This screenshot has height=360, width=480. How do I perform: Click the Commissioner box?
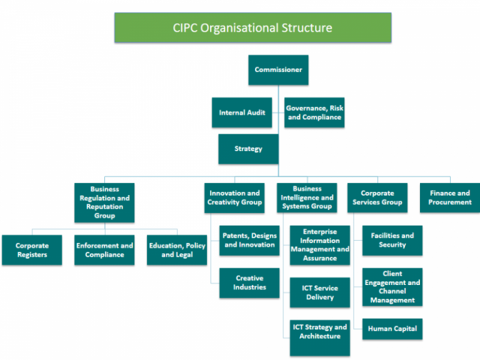tap(278, 70)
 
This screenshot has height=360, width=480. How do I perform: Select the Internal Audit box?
tap(242, 112)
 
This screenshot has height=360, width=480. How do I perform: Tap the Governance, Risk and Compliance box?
tap(314, 112)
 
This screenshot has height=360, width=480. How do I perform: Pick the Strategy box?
tap(248, 149)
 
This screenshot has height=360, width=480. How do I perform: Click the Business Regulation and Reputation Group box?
tap(104, 202)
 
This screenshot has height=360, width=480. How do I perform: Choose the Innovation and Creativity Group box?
tap(234, 198)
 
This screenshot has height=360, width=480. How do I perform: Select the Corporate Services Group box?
tap(377, 198)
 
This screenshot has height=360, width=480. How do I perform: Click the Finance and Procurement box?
tap(449, 198)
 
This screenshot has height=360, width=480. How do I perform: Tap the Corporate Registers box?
tap(32, 250)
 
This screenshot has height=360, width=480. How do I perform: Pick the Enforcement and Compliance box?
tap(104, 250)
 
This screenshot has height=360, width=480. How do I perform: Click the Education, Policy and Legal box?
tap(177, 250)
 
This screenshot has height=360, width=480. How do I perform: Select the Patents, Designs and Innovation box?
tap(249, 241)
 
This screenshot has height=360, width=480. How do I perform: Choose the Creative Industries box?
tap(249, 282)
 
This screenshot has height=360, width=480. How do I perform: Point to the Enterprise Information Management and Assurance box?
tap(319, 245)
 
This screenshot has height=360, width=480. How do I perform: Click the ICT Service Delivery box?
tap(319, 292)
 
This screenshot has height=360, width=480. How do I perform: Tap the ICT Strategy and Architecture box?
tap(319, 332)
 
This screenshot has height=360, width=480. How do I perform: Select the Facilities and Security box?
tap(392, 241)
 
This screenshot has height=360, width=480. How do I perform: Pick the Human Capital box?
tap(392, 329)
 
